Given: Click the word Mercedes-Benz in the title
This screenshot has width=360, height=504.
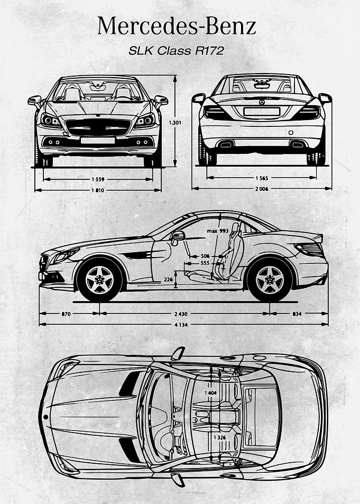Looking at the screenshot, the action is click(x=177, y=26).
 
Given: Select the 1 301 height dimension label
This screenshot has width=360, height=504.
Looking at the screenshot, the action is click(x=175, y=123).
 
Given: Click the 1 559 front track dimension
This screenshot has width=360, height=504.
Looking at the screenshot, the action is click(x=98, y=179).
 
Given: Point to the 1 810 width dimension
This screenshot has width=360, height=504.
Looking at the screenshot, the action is click(x=98, y=190).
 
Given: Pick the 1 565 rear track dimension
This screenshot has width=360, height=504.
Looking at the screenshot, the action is click(x=262, y=178).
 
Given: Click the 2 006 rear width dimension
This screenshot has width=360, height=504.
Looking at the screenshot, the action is click(x=262, y=189).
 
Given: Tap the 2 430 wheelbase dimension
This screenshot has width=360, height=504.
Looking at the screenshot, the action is click(x=181, y=314).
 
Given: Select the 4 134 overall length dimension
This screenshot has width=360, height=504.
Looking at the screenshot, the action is click(x=181, y=325).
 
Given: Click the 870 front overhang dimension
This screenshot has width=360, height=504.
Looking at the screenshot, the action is click(x=66, y=314).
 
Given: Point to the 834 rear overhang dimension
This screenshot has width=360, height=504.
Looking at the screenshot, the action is click(x=297, y=314).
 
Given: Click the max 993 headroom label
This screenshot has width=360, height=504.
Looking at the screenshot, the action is click(x=218, y=231).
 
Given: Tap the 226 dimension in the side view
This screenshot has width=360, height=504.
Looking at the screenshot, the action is click(x=169, y=280).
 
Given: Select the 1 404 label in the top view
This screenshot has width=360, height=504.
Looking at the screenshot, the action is click(x=210, y=393).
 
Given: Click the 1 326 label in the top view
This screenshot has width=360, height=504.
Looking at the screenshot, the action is click(x=219, y=437).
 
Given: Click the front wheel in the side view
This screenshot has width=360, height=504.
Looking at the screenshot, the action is click(x=99, y=280).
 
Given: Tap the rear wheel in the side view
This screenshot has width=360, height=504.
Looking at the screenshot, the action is click(x=270, y=280).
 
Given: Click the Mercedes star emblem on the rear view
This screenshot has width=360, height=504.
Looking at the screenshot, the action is click(x=262, y=102).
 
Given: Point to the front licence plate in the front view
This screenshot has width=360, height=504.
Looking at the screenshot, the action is click(x=98, y=141).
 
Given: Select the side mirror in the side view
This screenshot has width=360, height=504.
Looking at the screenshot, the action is click(x=178, y=236).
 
